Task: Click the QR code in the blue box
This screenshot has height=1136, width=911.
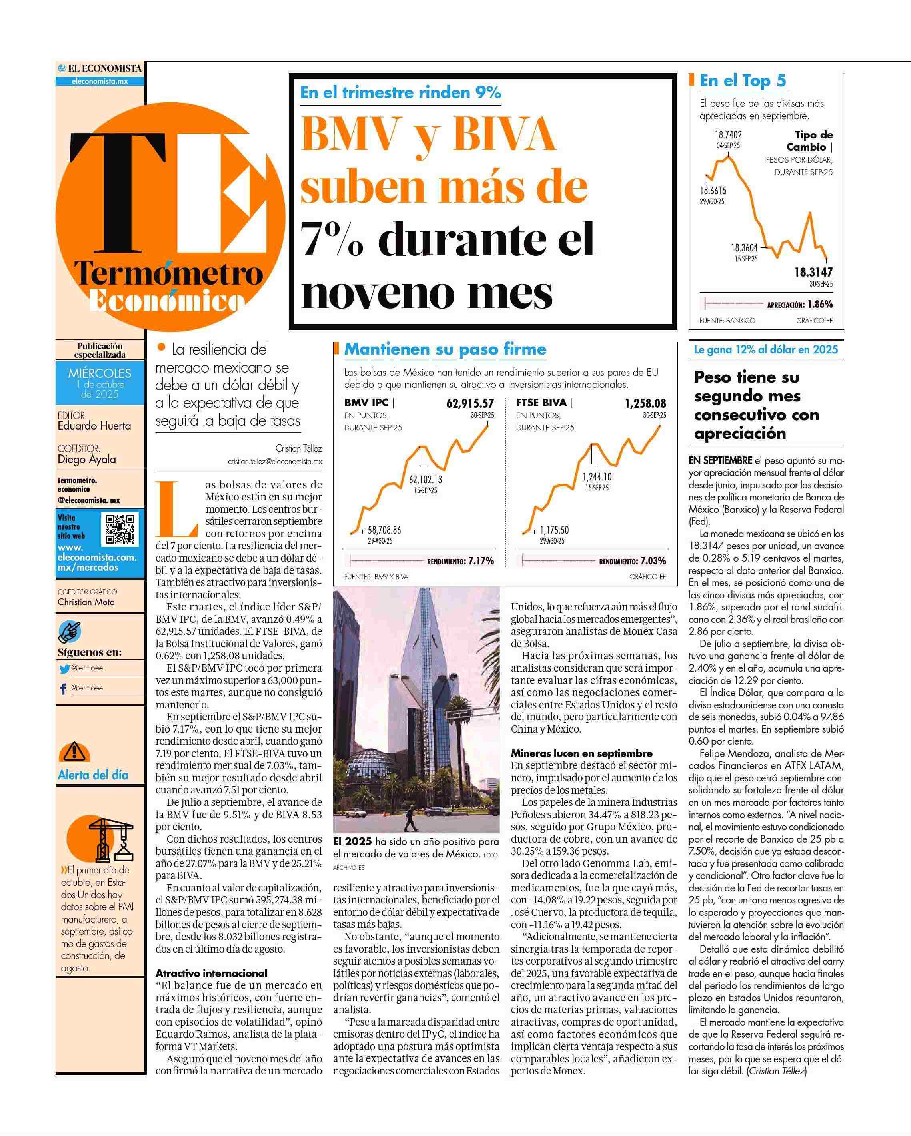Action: (121, 528)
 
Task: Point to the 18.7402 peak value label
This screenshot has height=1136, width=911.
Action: (728, 135)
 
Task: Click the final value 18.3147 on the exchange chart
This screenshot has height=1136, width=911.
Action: (813, 273)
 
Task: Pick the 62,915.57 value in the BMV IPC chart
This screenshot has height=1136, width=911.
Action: (470, 404)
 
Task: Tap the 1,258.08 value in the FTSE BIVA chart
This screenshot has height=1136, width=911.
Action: (645, 404)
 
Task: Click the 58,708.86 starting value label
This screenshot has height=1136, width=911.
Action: (384, 530)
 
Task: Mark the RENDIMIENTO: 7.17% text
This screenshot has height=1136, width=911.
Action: (460, 561)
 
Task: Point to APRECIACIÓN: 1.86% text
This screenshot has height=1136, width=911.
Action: (800, 305)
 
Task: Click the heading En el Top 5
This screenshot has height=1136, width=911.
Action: (742, 81)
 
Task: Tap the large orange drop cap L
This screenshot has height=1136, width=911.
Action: (178, 508)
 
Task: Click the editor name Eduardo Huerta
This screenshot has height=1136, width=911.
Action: (94, 426)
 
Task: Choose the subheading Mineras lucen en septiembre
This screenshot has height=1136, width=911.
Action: (581, 753)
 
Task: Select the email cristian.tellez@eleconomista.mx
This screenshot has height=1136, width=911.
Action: (275, 462)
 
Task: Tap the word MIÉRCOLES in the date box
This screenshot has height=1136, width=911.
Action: (100, 373)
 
